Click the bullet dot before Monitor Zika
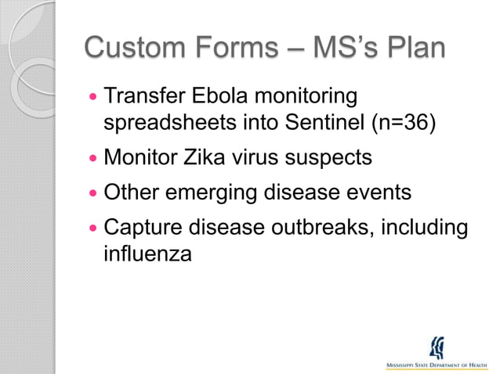(94, 158)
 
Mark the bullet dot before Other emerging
(94, 192)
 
